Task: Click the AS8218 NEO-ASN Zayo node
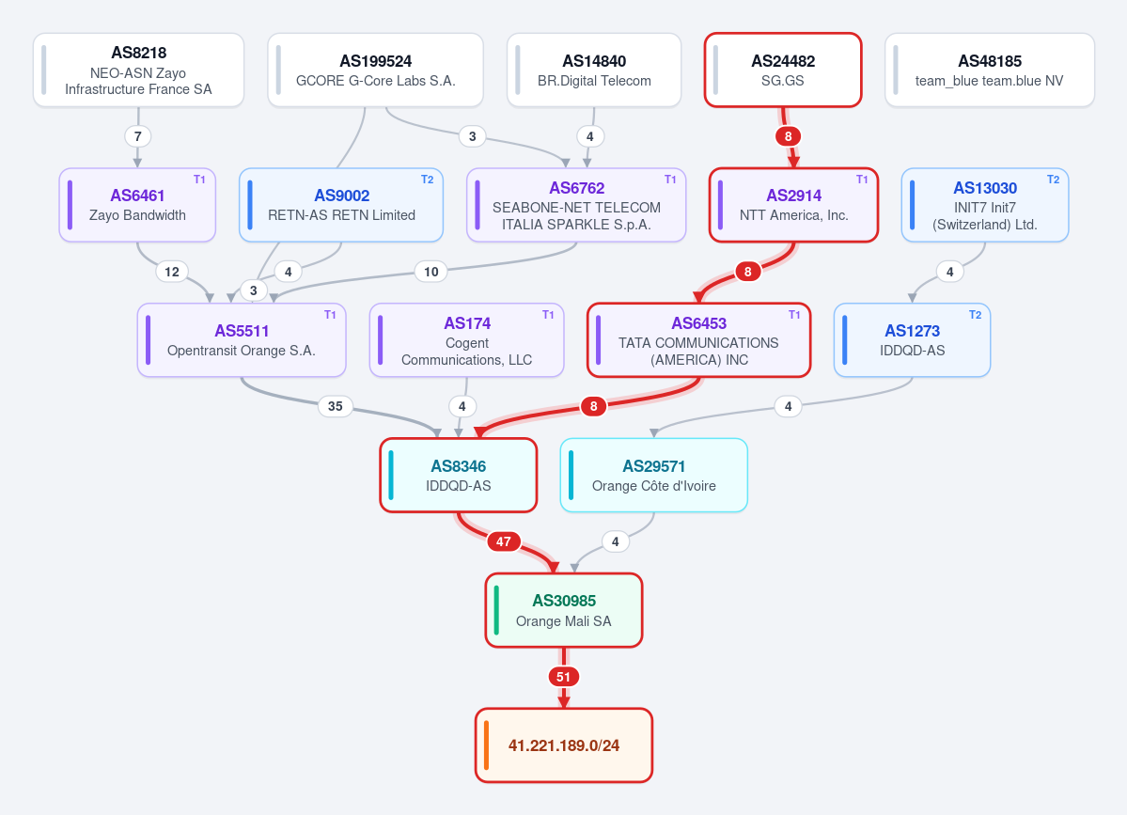point(139,70)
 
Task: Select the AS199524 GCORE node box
point(375,70)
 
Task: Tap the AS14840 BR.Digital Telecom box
point(594,70)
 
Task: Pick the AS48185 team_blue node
point(990,70)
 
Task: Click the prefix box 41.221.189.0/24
point(564,745)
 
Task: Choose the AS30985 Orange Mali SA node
point(564,610)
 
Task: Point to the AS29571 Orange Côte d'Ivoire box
point(654,475)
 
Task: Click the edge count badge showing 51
point(564,676)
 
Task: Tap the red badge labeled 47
point(503,541)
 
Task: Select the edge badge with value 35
point(335,406)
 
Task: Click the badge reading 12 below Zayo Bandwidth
point(172,272)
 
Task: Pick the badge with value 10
point(431,272)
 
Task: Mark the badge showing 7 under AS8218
point(138,135)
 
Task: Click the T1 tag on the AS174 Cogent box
point(548,315)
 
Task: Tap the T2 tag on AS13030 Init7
point(1053,180)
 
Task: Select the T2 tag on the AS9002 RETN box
point(427,180)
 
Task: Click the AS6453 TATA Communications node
point(699,340)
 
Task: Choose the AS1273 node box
point(912,340)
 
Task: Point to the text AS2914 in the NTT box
point(793,196)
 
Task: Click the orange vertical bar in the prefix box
point(487,745)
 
